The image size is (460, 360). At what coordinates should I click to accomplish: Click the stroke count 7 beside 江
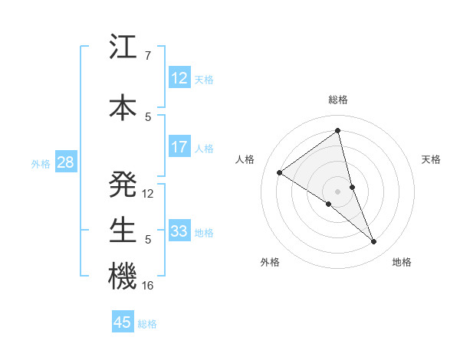(147, 56)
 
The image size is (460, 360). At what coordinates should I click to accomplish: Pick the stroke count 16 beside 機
(148, 286)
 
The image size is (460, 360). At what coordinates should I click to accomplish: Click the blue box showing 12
(179, 78)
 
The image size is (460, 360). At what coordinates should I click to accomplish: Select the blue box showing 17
(179, 147)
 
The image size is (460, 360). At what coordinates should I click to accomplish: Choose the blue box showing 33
(179, 231)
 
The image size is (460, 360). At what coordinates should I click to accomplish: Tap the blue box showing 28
(65, 162)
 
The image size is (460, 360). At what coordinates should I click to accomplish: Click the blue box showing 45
(123, 322)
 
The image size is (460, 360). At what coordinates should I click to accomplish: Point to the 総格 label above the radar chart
(338, 100)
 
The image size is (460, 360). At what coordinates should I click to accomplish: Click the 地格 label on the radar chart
(402, 262)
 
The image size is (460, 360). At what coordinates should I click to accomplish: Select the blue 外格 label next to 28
(41, 163)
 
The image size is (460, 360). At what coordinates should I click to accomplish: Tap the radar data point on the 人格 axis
(280, 172)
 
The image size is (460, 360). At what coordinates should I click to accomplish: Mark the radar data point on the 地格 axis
(374, 242)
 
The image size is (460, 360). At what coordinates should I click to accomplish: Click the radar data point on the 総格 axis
(338, 131)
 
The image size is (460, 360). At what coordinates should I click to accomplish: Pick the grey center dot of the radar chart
(338, 190)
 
